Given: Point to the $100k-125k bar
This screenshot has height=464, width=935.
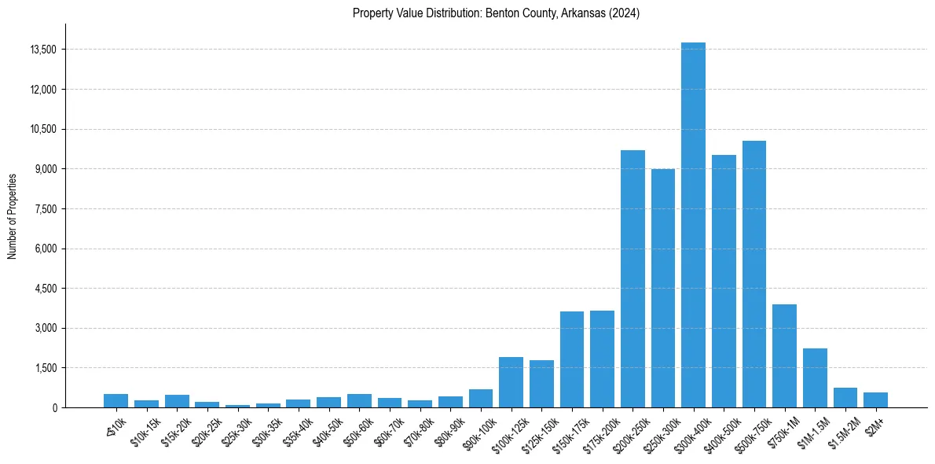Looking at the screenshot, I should pyautogui.click(x=511, y=382).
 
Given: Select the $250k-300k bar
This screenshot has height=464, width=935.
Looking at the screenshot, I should pyautogui.click(x=663, y=288).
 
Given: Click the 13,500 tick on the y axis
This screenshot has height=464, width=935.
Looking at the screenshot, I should pyautogui.click(x=42, y=50).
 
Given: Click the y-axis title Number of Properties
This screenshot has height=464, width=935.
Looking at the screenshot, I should pyautogui.click(x=12, y=215).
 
